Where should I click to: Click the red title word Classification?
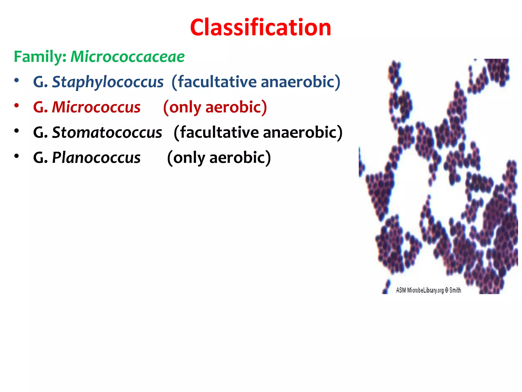click(x=260, y=28)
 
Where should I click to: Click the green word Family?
click(x=40, y=57)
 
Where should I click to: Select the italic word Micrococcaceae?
click(x=127, y=57)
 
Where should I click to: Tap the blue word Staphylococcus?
click(x=108, y=82)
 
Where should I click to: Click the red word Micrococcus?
click(x=96, y=107)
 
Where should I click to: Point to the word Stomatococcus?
click(x=107, y=132)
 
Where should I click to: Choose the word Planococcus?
click(x=96, y=157)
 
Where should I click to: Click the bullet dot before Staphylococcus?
click(x=17, y=81)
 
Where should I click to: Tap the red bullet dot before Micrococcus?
click(x=17, y=106)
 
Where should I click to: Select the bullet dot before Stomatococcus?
click(x=17, y=131)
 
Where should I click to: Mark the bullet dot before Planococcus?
click(x=17, y=156)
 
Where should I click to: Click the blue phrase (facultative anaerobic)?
click(x=256, y=82)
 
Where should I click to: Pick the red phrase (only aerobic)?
click(x=215, y=107)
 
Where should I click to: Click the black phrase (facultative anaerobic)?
click(x=258, y=132)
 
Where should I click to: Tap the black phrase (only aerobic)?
click(x=219, y=157)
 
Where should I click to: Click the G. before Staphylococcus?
click(x=41, y=82)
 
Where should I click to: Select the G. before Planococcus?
click(x=41, y=157)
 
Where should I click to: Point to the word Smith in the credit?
click(x=455, y=290)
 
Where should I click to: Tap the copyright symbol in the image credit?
click(x=447, y=290)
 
